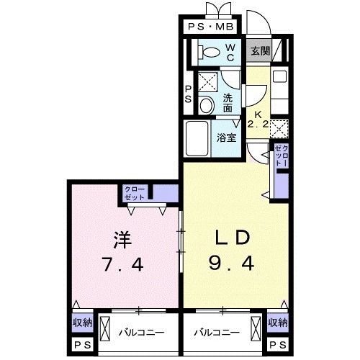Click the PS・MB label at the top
coord(210,27)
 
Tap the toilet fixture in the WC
coord(210,52)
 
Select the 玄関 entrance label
coord(261,51)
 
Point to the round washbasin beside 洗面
coord(207,106)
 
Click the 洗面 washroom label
coord(228,103)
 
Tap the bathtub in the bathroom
coord(197,137)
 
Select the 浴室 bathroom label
coord(227,138)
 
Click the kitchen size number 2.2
coord(258,123)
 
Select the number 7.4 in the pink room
coord(122,265)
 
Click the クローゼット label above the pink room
coord(135,193)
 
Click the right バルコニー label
coord(217,333)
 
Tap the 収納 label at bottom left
coord(81,323)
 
